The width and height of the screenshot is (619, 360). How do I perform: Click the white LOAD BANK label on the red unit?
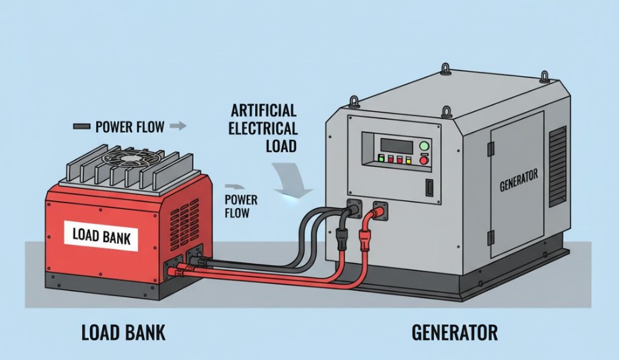[x=104, y=236]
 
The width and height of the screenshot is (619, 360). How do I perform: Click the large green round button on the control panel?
[x=424, y=146]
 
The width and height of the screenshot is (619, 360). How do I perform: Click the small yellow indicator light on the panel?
[x=391, y=160]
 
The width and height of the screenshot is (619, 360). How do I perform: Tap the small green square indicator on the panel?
[x=381, y=160]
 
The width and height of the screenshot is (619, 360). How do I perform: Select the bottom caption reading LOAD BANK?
[x=123, y=332]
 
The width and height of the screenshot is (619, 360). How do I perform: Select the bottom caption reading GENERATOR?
[x=455, y=332]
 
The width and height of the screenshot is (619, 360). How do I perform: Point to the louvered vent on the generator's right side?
[x=558, y=165]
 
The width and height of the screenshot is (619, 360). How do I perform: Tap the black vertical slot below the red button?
[x=427, y=188]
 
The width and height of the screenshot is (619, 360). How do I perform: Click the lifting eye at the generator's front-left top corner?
[x=353, y=102]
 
